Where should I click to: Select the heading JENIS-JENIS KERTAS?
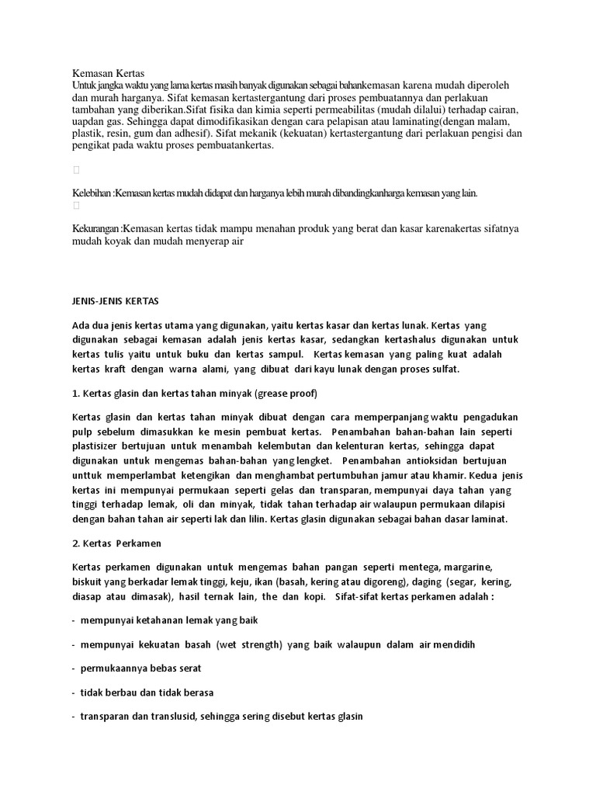pyautogui.click(x=115, y=300)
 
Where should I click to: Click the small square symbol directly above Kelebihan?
pyautogui.click(x=76, y=169)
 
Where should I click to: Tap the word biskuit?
pyautogui.click(x=88, y=581)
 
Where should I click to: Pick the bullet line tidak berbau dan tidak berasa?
pyautogui.click(x=146, y=693)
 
